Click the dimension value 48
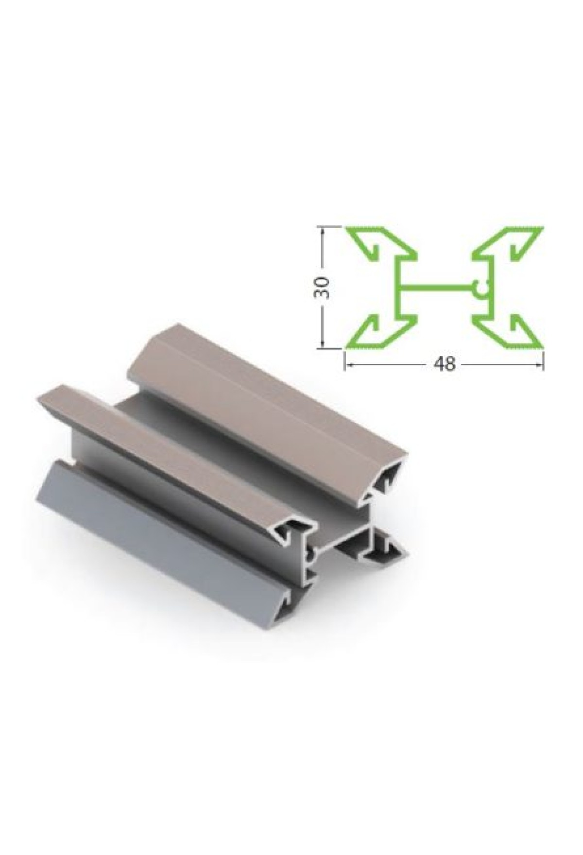pyautogui.click(x=444, y=365)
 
